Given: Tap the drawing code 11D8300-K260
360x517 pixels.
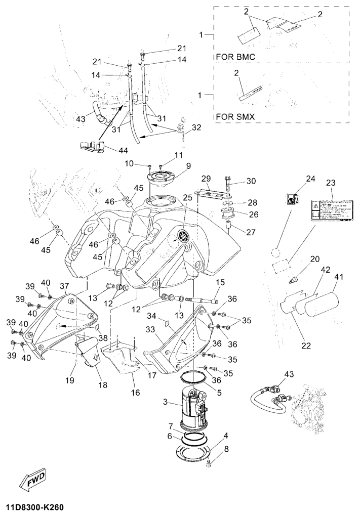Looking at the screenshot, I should (35, 506).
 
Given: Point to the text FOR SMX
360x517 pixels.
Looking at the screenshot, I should (235, 116).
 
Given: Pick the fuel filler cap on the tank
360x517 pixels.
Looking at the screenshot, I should (161, 179).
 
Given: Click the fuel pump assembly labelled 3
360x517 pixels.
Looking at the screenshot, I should (191, 407).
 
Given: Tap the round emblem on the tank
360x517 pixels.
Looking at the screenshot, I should (183, 235).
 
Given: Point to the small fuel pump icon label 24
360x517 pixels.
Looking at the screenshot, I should (292, 200).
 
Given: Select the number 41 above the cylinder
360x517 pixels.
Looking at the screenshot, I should (338, 277).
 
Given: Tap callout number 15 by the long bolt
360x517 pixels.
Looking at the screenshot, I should (221, 282).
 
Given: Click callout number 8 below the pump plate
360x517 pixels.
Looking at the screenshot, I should (226, 449).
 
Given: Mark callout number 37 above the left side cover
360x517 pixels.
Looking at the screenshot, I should (64, 286).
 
